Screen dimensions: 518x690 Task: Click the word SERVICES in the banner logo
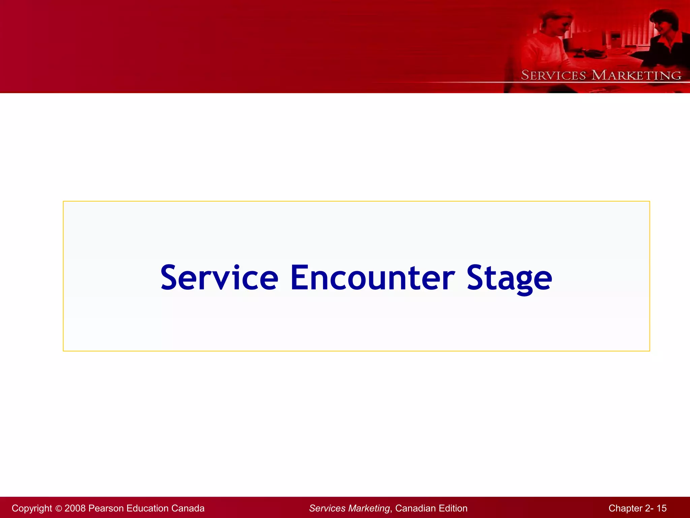coord(553,75)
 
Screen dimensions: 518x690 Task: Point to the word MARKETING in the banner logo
coord(636,75)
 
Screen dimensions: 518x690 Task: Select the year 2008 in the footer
coord(75,508)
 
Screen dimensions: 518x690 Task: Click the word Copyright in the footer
coord(32,508)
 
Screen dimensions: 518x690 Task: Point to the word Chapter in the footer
coord(625,508)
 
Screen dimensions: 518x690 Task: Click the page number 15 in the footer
coord(662,508)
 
